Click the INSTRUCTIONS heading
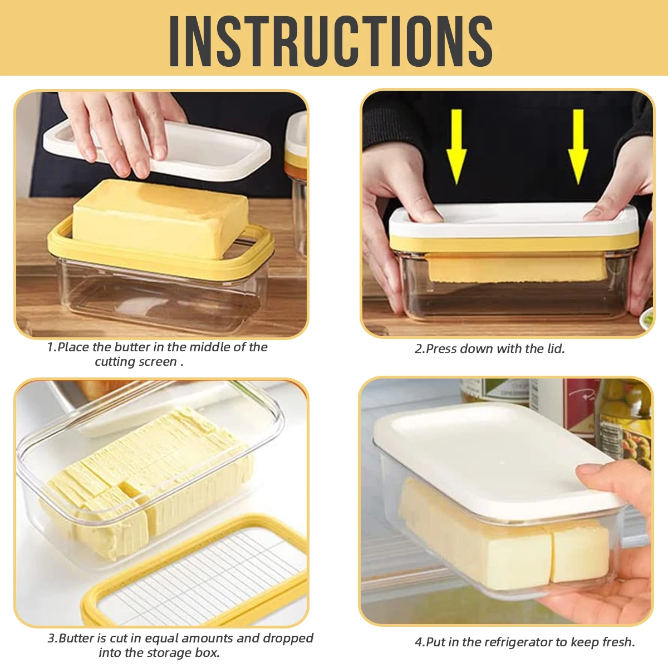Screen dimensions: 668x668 331,40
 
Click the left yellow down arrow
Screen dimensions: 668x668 456,146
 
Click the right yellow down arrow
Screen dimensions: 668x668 578,146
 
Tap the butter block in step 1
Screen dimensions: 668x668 159,218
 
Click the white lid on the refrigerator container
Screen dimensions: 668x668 496,461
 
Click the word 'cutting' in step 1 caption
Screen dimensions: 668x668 114,362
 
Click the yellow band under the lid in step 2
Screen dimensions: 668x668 514,244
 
